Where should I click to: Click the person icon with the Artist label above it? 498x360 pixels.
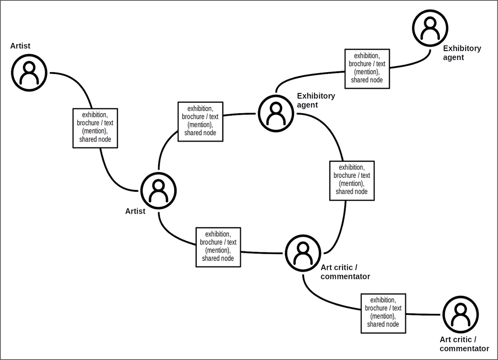tap(29, 73)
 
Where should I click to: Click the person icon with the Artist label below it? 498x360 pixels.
tap(159, 191)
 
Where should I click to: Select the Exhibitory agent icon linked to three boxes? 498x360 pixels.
tap(276, 114)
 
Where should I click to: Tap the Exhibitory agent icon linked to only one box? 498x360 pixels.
tap(430, 28)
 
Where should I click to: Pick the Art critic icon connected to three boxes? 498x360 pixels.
tap(303, 253)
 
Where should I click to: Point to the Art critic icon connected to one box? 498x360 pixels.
tap(460, 314)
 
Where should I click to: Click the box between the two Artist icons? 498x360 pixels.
tap(95, 128)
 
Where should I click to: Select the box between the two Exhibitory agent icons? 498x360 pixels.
tap(367, 69)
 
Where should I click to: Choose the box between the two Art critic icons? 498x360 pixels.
tap(383, 314)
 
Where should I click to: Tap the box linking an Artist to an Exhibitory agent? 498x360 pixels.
tap(200, 122)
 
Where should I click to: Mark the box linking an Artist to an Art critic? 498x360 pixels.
tap(218, 247)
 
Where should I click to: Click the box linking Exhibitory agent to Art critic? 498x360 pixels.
tap(352, 181)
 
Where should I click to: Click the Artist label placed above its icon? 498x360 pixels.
tap(20, 46)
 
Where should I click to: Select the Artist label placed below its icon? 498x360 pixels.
tap(135, 211)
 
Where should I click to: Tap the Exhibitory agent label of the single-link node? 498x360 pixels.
tap(462, 53)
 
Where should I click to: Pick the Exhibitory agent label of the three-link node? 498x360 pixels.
tap(316, 100)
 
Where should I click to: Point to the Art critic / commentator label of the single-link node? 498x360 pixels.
tap(464, 344)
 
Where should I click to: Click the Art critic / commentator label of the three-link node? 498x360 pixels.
tap(345, 272)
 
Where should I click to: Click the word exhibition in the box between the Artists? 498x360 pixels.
tap(95, 115)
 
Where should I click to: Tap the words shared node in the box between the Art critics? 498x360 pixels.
tap(383, 324)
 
